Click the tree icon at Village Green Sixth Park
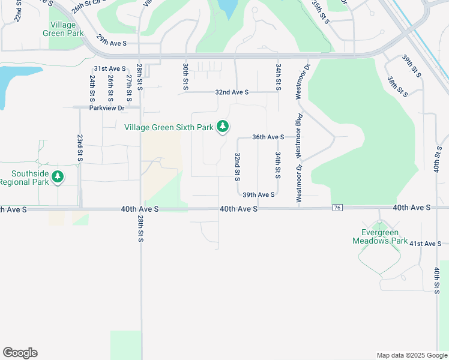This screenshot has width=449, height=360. click(223, 126)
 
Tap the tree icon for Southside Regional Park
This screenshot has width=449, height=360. click(58, 176)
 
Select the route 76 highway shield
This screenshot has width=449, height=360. click(337, 207)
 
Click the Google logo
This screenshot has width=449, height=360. click(20, 353)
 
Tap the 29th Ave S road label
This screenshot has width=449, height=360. click(111, 43)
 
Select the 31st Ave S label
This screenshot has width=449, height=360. click(109, 69)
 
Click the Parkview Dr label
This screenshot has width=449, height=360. click(106, 108)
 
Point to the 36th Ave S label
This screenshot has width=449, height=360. click(268, 137)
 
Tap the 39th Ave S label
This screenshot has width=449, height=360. click(259, 194)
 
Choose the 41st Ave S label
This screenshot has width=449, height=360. click(425, 244)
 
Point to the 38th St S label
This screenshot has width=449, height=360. click(395, 86)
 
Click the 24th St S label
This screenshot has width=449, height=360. click(92, 88)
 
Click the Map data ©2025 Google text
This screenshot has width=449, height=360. click(411, 355)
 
